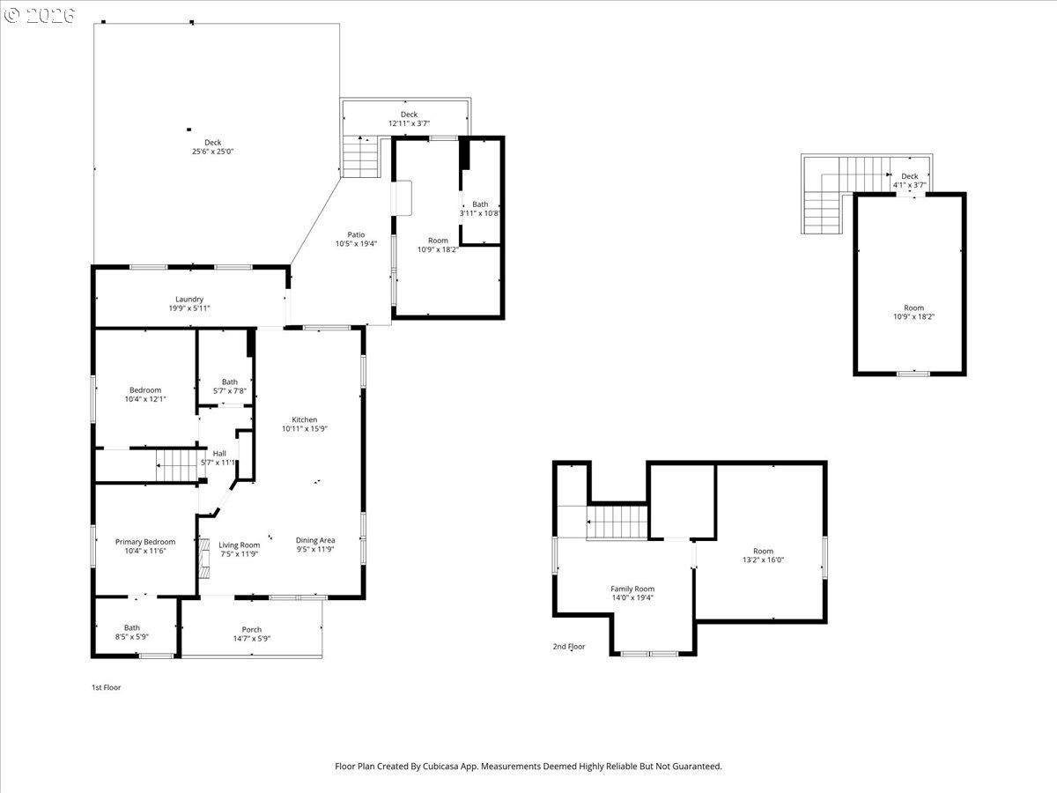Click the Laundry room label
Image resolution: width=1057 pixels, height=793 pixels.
click(x=189, y=299)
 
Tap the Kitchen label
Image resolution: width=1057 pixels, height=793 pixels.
click(x=305, y=419)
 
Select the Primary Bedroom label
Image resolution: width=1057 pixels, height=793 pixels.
click(x=145, y=542)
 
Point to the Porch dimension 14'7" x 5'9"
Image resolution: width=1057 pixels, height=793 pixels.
click(x=252, y=639)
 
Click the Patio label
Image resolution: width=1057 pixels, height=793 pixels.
click(x=356, y=234)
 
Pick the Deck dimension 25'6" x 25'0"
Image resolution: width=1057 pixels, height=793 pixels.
click(x=212, y=152)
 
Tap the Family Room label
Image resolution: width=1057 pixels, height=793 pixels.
click(x=632, y=589)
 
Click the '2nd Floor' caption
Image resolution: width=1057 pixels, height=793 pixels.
click(x=569, y=646)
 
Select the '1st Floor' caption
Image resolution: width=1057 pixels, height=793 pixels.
click(x=106, y=687)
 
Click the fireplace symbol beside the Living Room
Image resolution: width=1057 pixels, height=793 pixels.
click(x=204, y=558)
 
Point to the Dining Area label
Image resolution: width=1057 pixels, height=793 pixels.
click(x=315, y=540)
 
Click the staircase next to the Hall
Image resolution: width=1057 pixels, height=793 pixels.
click(x=176, y=465)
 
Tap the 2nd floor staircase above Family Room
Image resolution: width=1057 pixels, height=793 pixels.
click(x=617, y=522)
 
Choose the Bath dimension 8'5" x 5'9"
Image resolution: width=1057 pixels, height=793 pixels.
click(x=131, y=636)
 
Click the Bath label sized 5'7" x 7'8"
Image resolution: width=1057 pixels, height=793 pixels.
click(x=230, y=382)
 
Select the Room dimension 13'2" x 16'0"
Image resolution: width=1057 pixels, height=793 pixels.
click(x=764, y=560)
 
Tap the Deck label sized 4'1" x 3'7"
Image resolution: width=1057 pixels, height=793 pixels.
click(x=910, y=176)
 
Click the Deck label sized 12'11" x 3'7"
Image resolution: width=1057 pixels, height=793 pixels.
click(x=409, y=115)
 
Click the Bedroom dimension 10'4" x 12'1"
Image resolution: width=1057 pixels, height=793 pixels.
click(x=145, y=398)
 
